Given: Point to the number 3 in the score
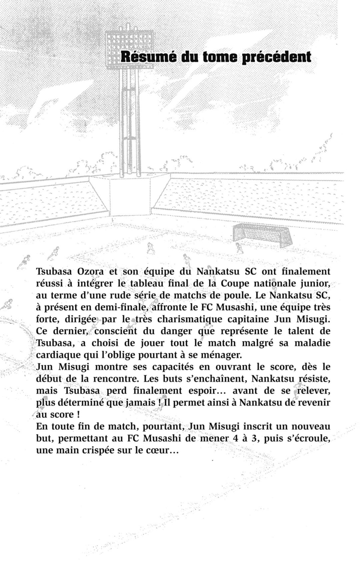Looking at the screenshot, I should click(x=256, y=438).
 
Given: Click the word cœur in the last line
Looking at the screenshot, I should click(x=165, y=451).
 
